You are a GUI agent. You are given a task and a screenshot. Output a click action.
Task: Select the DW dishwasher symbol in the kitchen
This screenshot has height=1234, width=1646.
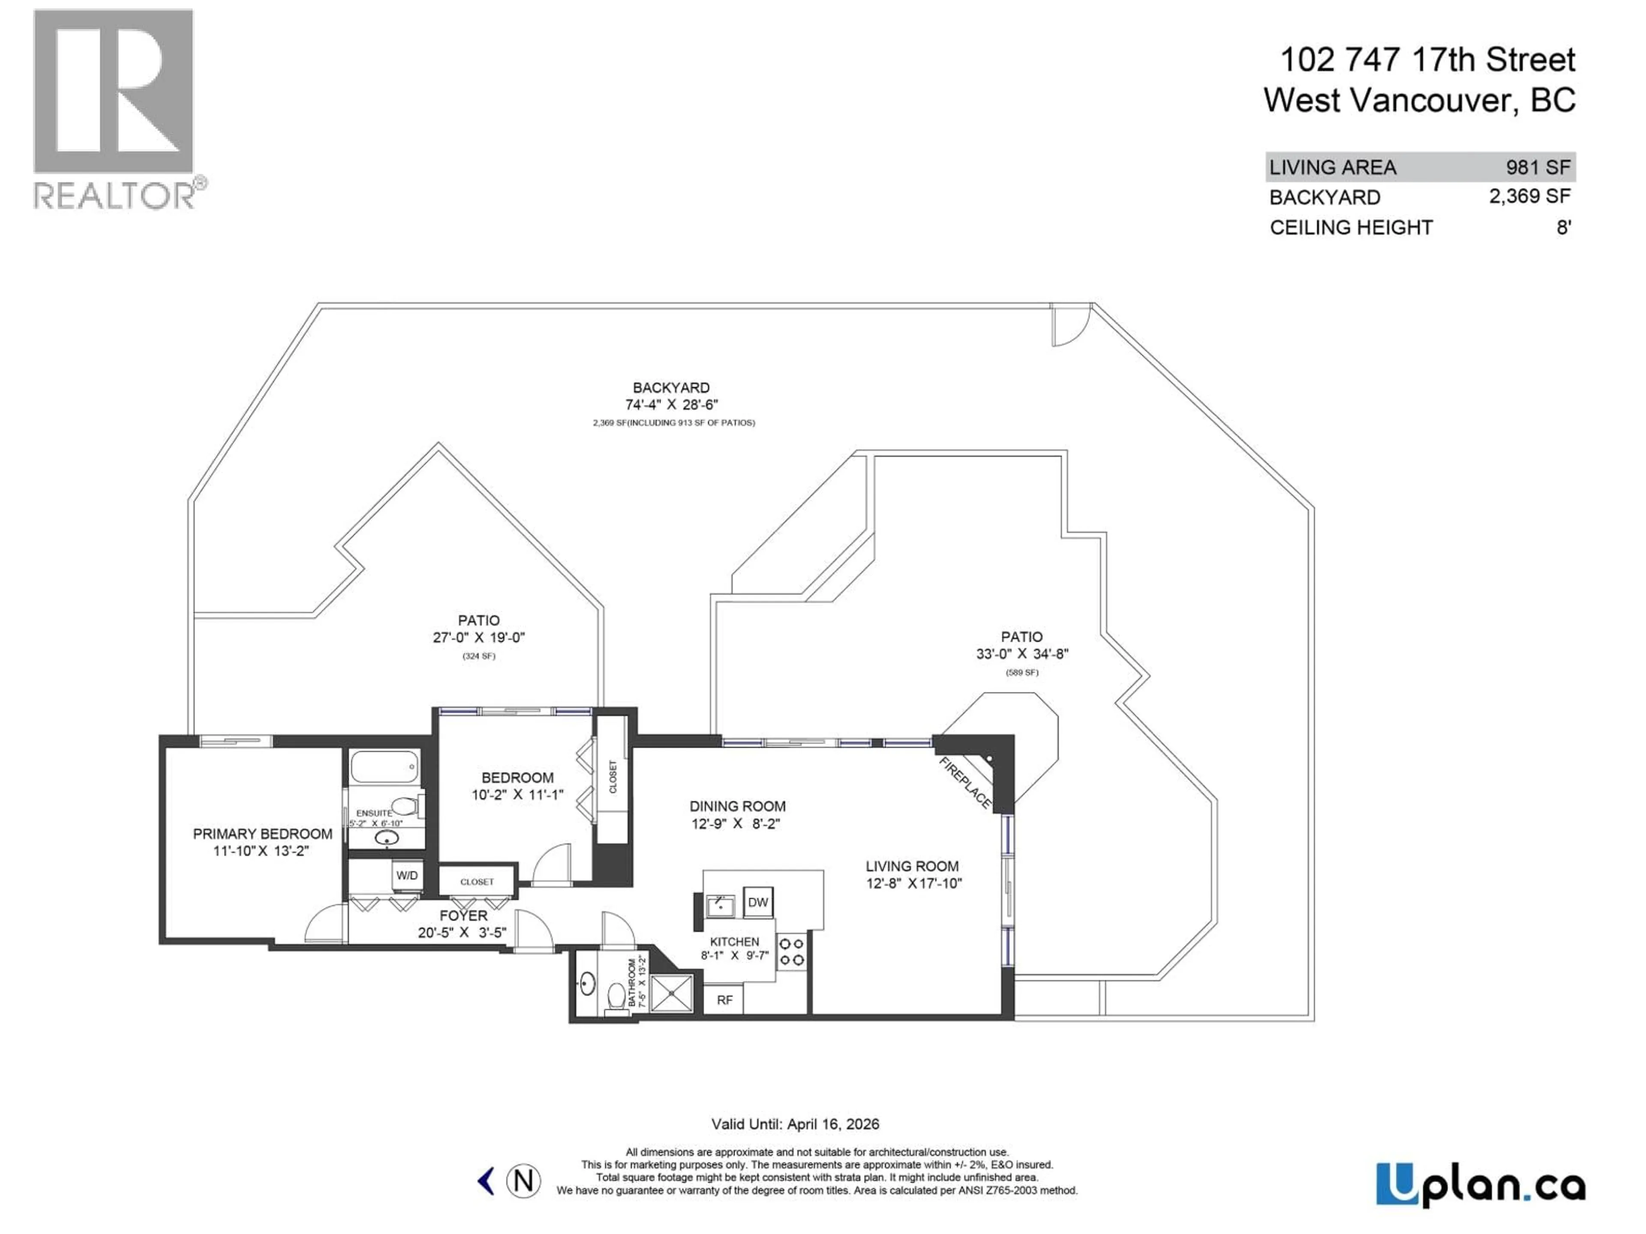click(757, 902)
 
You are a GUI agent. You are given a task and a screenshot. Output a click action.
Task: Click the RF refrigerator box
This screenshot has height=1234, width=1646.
click(724, 1000)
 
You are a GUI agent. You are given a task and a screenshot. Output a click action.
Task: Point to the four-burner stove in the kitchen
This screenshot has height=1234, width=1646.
click(791, 951)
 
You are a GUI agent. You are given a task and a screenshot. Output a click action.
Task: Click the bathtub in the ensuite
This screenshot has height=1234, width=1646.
click(384, 767)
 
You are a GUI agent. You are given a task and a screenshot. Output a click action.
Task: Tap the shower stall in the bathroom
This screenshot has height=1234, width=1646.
click(672, 993)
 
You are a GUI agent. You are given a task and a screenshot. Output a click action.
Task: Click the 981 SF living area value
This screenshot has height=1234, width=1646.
click(1538, 168)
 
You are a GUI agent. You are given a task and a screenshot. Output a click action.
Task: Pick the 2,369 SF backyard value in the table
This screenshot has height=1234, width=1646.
click(1529, 196)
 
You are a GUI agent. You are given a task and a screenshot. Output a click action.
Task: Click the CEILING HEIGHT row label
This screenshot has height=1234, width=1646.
click(1351, 228)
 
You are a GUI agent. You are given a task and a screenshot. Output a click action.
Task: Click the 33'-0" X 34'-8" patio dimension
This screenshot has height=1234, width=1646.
click(1022, 654)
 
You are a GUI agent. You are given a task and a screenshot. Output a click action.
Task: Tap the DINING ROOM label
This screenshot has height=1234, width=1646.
click(737, 806)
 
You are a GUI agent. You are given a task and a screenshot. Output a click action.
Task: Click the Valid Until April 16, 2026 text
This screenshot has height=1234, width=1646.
click(795, 1124)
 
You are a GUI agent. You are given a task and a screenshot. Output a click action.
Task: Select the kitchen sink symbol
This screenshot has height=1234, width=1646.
click(719, 905)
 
